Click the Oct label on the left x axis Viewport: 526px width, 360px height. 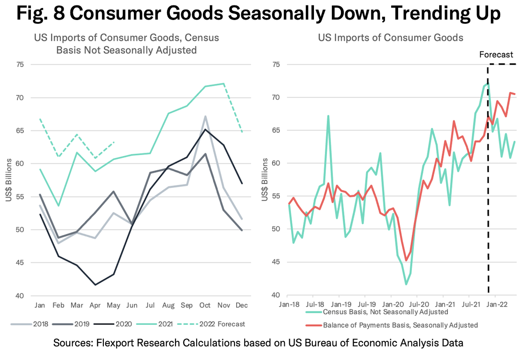coord(205,305)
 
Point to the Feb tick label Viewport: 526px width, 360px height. coord(58,305)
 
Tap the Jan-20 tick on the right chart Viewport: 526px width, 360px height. coord(393,304)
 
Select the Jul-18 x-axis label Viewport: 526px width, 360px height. coord(315,304)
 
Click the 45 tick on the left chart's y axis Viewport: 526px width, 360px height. coord(20,262)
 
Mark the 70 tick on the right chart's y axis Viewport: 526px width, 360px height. coord(276,97)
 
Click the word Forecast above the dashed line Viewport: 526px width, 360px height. coord(496,54)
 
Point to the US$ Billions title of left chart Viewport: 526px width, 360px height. coord(9,180)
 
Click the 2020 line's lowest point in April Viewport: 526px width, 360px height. coord(95,285)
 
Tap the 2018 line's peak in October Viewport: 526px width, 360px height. coord(205,116)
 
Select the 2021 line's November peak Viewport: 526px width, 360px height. coord(224,84)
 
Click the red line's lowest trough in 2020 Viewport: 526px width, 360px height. coord(406,260)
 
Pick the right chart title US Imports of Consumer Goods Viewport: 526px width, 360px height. coord(390,37)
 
